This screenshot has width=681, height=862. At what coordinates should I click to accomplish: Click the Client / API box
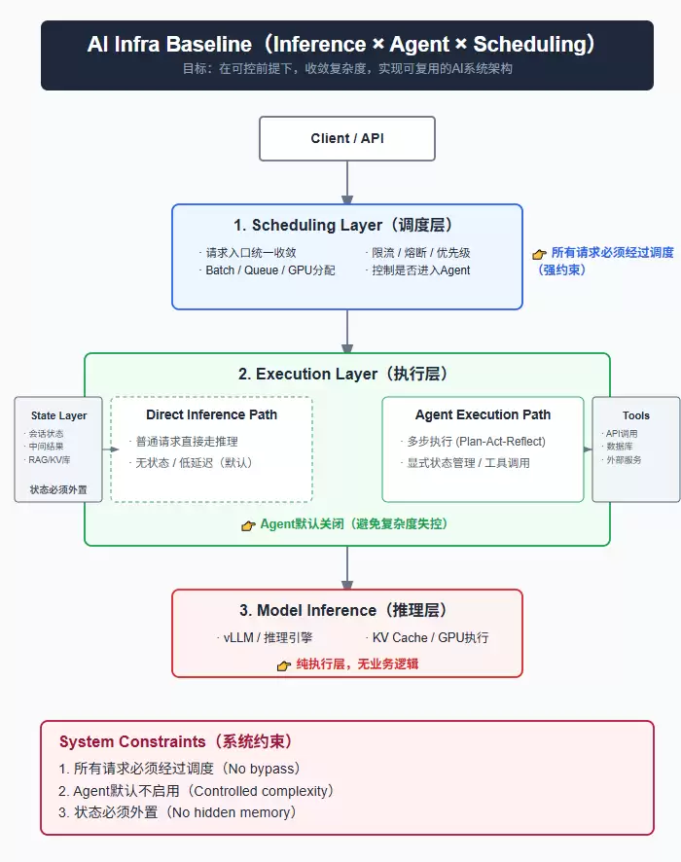pos(347,138)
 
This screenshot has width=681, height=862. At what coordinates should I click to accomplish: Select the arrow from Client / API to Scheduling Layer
pos(347,183)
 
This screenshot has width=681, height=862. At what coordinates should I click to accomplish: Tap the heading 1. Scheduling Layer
pos(343,225)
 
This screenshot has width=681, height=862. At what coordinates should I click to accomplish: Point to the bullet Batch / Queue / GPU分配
pos(269,270)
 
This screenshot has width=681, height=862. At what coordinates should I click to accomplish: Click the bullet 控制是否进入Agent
pos(421,270)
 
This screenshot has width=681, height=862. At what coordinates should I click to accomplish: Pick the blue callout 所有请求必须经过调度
pos(612,253)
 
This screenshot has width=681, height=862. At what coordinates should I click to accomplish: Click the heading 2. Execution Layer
pos(343,374)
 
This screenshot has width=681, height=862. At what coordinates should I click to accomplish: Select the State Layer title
pos(58,415)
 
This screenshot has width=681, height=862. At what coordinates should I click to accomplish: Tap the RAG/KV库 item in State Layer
pos(50,459)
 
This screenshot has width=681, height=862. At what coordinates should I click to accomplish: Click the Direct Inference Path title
pos(212,414)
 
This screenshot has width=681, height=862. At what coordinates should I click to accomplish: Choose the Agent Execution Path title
pos(483,414)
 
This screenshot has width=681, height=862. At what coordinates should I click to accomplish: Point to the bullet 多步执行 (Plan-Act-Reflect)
pos(476,442)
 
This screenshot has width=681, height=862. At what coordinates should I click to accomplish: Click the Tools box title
pos(636,415)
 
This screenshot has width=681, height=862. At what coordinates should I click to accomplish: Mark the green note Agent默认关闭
pos(354,523)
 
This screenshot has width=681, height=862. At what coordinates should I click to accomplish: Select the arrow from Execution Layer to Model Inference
pos(347,568)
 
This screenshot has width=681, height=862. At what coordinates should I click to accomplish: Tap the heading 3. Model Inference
pos(343,610)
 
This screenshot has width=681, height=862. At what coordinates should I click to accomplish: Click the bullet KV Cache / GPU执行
pos(430,637)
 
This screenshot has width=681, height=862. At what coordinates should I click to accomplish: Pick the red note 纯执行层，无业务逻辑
pos(357,664)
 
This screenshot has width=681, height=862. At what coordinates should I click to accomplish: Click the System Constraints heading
pos(176,741)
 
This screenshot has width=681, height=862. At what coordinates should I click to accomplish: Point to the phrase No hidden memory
pos(232,812)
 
